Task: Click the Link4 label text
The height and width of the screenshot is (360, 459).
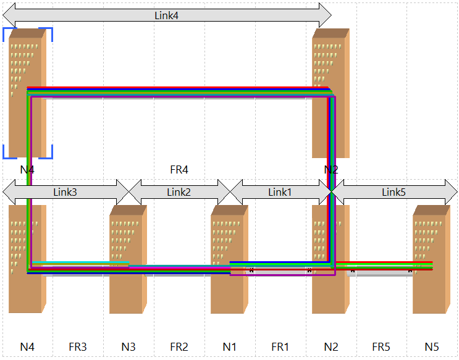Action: (166, 15)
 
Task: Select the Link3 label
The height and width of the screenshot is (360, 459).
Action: (65, 192)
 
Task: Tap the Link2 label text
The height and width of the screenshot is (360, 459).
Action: (179, 192)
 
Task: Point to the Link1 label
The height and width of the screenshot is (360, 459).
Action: (280, 192)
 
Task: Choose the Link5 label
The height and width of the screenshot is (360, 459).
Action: (394, 192)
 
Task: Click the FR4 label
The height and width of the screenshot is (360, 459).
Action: (179, 169)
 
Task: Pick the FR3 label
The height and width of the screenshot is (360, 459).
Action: (78, 347)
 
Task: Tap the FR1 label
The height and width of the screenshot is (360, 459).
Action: (280, 347)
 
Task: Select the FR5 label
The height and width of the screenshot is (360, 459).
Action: (381, 347)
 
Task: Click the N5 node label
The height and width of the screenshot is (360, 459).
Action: (432, 347)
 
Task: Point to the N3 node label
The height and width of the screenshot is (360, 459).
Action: (128, 347)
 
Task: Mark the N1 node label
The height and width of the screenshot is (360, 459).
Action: (230, 347)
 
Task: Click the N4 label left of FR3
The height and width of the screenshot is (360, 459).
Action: (27, 347)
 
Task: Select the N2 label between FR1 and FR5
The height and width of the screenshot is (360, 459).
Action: (331, 347)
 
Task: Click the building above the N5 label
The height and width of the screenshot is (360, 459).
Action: (432, 259)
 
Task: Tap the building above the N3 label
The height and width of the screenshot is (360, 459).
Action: (128, 259)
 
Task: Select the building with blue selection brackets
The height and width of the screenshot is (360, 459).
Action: (28, 93)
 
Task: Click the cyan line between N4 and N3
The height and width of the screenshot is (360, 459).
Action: (80, 262)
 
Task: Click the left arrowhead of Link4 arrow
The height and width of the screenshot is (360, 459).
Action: (9, 15)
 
